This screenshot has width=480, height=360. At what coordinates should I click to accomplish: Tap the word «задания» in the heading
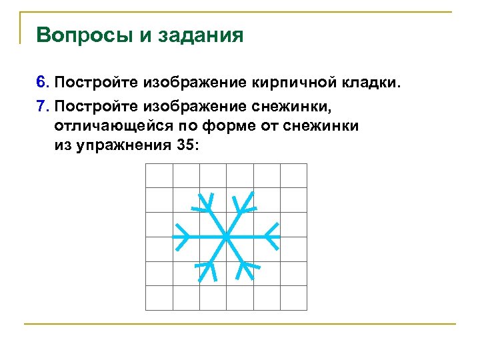(201, 36)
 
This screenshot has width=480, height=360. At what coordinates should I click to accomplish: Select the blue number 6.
(42, 83)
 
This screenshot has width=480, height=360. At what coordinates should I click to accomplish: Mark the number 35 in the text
(187, 145)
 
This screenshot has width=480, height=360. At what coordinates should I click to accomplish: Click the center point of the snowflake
(226, 236)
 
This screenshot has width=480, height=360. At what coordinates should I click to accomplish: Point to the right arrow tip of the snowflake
(278, 236)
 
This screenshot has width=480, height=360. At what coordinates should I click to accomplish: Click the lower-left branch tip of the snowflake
(200, 280)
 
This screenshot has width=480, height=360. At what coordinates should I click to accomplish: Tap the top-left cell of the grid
(159, 176)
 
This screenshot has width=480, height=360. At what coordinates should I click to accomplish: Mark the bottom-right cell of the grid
(293, 297)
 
